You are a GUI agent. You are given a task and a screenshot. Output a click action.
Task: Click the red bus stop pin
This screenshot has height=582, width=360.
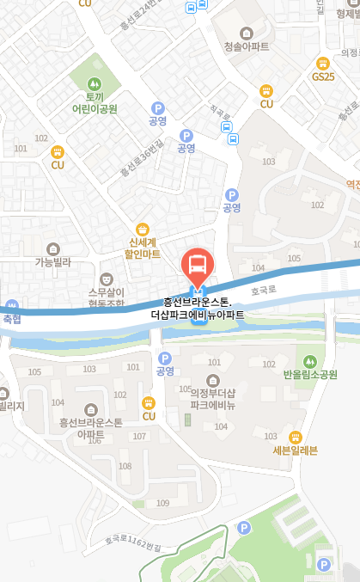(197, 264)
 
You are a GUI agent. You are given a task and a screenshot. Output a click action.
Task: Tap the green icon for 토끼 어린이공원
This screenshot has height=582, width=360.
(95, 84)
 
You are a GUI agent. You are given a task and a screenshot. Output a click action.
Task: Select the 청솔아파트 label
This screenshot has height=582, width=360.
(246, 46)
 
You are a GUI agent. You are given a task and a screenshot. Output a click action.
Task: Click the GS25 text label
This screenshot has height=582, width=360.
(324, 77)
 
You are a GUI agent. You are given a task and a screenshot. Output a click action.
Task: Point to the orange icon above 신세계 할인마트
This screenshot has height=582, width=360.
(143, 229)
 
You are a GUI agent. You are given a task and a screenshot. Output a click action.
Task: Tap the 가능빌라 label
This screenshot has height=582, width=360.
(53, 262)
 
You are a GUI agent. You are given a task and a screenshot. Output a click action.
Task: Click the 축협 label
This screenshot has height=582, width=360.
(11, 319)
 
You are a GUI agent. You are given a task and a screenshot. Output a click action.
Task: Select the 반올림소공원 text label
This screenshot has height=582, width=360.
(310, 375)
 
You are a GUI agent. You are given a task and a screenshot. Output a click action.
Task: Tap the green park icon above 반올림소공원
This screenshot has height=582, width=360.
(310, 359)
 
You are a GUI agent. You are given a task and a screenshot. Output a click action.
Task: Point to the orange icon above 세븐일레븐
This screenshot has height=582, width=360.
(296, 436)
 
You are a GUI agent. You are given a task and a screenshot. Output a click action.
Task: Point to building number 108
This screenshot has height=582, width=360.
(125, 467)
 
